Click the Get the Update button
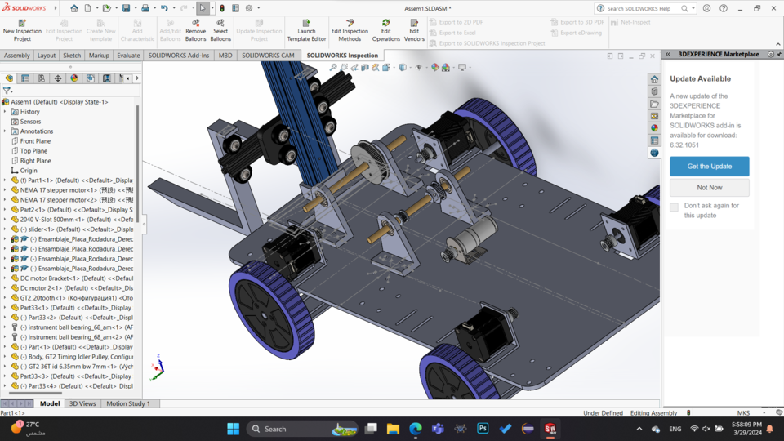coord(709,166)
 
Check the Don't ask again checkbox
coord(674,207)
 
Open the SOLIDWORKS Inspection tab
coord(342,56)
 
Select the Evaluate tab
coord(128,56)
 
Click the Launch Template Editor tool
coord(306,30)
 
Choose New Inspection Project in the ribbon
coord(22,30)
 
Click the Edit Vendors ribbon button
coord(414,30)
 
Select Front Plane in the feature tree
coord(35,141)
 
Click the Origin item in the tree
coord(29,171)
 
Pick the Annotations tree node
coord(37,131)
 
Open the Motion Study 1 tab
coord(128,403)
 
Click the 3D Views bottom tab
coord(82,403)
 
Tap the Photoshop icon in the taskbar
coord(483,429)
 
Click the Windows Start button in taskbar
coord(233,429)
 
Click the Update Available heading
coord(701,79)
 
